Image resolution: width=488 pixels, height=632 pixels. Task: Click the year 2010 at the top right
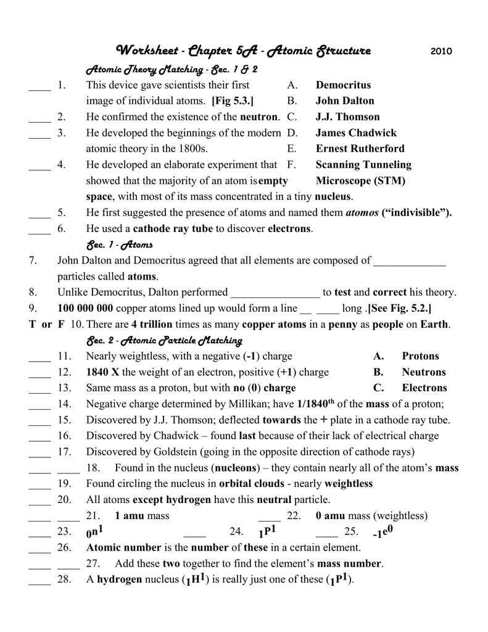tap(441, 51)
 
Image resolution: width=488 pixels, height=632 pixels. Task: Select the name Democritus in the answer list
tap(343, 85)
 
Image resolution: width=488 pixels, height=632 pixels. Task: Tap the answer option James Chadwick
tap(356, 133)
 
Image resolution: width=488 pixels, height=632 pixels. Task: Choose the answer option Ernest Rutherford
tap(360, 149)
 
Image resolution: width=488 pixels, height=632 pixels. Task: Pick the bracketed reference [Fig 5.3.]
tap(233, 101)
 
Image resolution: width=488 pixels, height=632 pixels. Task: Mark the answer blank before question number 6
tap(39, 229)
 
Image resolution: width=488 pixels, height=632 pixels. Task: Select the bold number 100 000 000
tap(85, 309)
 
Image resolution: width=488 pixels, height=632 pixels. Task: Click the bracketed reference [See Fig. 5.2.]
tap(400, 309)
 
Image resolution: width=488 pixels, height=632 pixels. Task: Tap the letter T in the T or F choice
tap(32, 325)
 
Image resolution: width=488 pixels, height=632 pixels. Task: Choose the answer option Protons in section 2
tap(420, 356)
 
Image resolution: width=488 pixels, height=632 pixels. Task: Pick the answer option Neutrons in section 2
tap(423, 372)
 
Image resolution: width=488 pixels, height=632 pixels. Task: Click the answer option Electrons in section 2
tap(424, 388)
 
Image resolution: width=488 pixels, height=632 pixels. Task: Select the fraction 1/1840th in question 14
tap(315, 404)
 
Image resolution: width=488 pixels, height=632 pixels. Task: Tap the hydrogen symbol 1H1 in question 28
tap(196, 580)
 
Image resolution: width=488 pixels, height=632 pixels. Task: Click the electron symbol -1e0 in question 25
tap(383, 531)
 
